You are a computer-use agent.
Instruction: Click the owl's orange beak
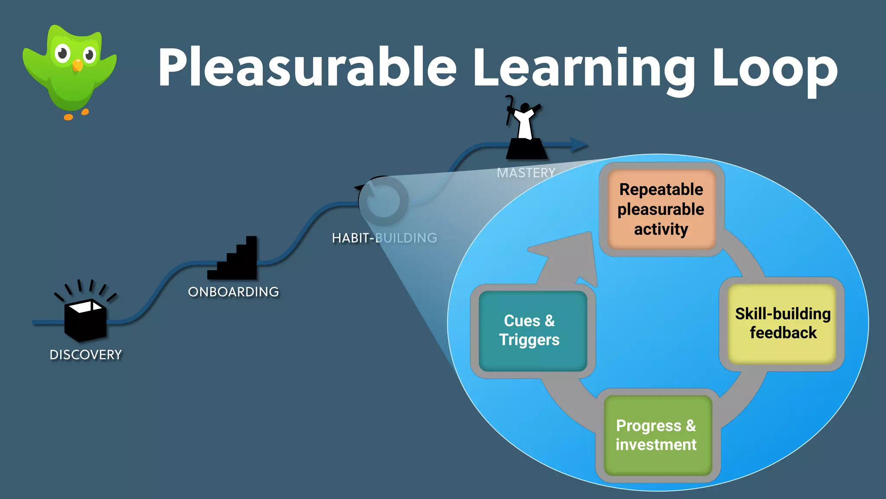coord(77,65)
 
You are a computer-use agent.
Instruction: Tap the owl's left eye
coord(63,54)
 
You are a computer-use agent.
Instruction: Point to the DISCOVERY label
coord(86,355)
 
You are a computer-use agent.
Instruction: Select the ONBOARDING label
coord(234,292)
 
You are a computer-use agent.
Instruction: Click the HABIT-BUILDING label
coord(384,238)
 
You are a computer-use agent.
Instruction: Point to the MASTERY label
coord(526,173)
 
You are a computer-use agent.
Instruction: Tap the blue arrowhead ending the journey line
coord(578,145)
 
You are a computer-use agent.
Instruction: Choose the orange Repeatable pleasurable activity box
coord(661,209)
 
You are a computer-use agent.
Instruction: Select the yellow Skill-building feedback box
coord(782,324)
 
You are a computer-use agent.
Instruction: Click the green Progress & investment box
coord(657,435)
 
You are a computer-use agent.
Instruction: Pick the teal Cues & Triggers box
coord(532,331)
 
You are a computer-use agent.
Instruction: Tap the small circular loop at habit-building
coord(383,200)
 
